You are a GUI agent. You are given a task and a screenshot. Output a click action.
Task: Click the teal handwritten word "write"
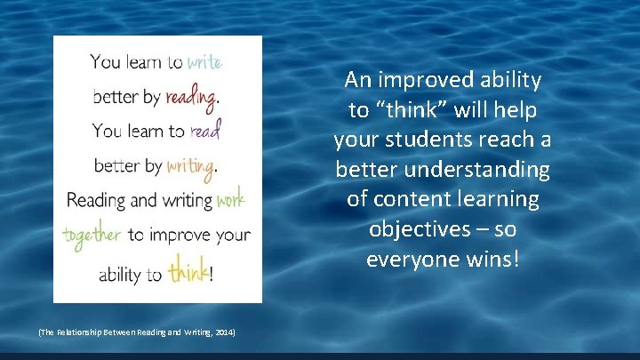[x=204, y=61]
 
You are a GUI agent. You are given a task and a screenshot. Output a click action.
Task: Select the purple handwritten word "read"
[x=204, y=131]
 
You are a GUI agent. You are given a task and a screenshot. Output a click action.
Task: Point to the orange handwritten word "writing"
[x=191, y=165]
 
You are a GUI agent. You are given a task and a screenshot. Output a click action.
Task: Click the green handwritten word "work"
[x=229, y=199]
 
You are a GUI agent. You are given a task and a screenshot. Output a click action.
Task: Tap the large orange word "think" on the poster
[x=187, y=271]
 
